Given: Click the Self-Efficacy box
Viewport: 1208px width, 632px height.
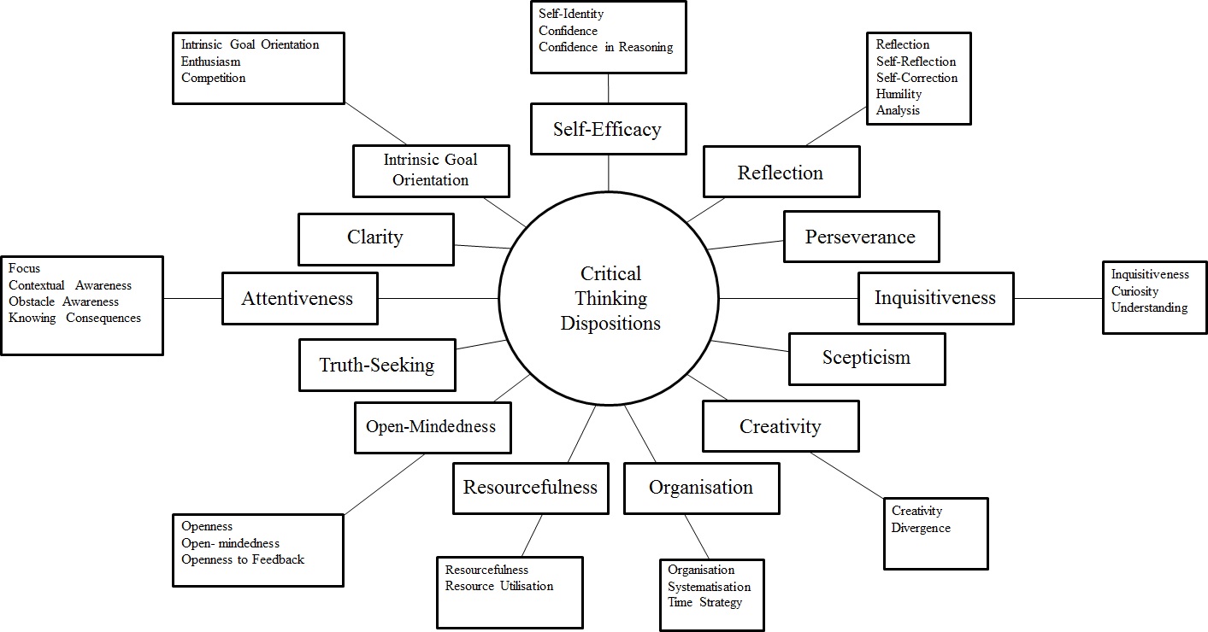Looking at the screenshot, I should point(608,129).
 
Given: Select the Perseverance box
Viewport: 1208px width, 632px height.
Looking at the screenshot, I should point(861,237).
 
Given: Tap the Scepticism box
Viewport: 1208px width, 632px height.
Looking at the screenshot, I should point(866,358).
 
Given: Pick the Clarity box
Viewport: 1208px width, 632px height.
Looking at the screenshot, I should point(375,238).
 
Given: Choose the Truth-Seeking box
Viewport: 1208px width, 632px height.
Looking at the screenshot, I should point(377,366).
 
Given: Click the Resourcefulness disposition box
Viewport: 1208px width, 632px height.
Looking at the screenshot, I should point(530,488).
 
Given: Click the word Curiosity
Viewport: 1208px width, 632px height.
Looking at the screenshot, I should point(1134,291).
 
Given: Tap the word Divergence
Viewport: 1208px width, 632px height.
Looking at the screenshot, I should point(921,528).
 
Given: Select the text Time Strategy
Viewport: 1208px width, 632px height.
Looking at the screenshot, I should point(705,602).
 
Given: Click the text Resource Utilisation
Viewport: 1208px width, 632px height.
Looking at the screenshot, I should point(499,586).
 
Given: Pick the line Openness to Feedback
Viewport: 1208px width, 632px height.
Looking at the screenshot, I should point(243,559).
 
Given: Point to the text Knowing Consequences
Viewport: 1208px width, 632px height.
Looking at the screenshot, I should point(74,318).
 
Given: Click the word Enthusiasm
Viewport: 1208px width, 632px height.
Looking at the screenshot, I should point(210,61).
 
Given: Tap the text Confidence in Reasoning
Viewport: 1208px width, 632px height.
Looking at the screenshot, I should point(605,47).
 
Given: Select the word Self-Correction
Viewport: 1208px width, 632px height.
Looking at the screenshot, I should point(916,78).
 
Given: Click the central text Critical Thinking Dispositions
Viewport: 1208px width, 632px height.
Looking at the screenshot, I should point(610,298).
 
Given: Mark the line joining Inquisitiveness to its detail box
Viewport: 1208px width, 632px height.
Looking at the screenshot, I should point(1058,298).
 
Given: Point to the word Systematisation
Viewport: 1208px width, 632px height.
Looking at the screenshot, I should point(709,587).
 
